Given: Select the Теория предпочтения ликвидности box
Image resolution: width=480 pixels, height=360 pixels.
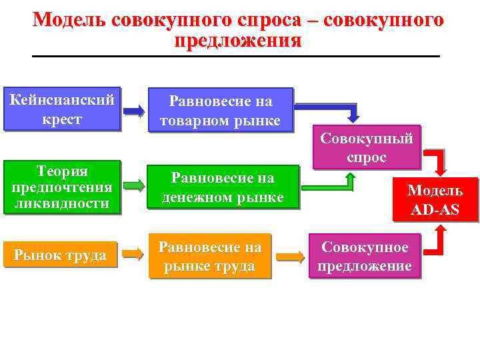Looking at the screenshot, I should (62, 187).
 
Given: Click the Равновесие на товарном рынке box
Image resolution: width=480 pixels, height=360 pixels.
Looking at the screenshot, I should (221, 111).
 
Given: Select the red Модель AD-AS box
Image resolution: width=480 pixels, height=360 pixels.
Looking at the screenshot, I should (435, 199).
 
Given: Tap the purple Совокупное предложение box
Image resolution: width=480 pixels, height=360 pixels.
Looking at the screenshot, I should (364, 256).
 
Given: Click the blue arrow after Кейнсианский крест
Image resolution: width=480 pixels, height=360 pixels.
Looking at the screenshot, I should (134, 111).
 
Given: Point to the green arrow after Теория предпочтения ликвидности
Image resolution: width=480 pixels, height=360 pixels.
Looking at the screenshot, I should (134, 185).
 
